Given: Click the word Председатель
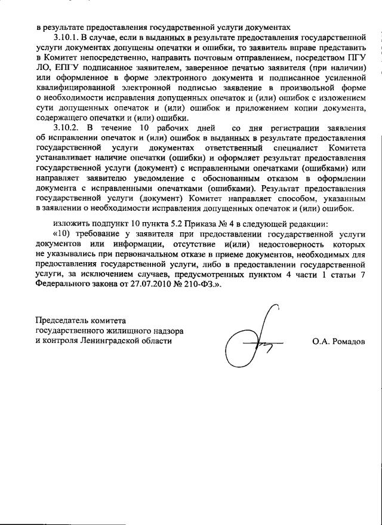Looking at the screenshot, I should (x=64, y=321).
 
